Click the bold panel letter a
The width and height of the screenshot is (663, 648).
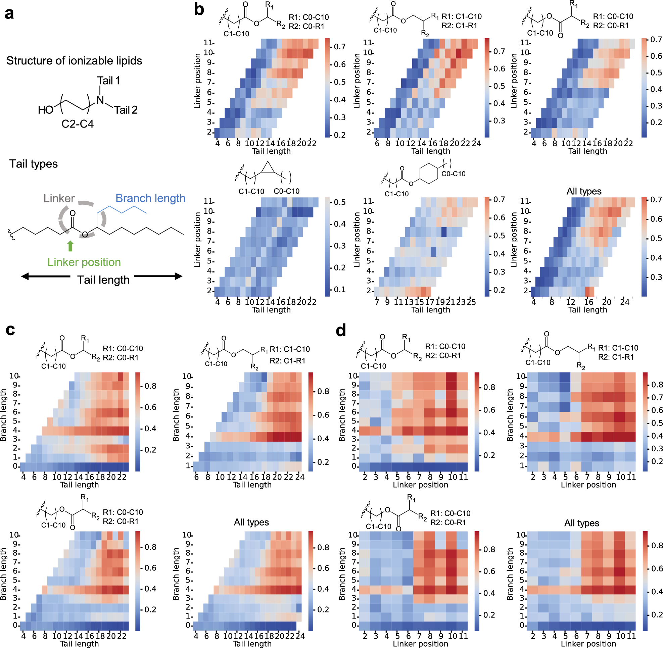click(x=9, y=14)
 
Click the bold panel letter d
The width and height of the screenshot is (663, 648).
click(x=341, y=330)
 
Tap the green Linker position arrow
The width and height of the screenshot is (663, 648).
click(x=70, y=246)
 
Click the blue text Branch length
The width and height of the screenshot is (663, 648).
click(x=150, y=198)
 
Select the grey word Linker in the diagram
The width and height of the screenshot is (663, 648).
click(x=59, y=198)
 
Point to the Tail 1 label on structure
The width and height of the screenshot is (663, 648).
click(x=108, y=81)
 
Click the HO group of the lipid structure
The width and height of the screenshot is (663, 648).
click(x=46, y=110)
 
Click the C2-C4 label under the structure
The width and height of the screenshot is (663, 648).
click(x=77, y=124)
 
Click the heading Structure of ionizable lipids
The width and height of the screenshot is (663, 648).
click(x=74, y=61)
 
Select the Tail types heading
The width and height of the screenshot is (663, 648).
click(x=33, y=164)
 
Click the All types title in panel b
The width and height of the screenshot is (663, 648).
click(x=584, y=191)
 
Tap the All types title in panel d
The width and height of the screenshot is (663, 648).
click(x=582, y=523)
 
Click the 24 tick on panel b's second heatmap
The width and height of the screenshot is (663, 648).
click(x=476, y=143)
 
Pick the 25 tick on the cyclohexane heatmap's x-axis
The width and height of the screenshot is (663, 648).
click(x=471, y=302)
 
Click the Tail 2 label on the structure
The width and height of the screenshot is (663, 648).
click(x=125, y=110)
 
